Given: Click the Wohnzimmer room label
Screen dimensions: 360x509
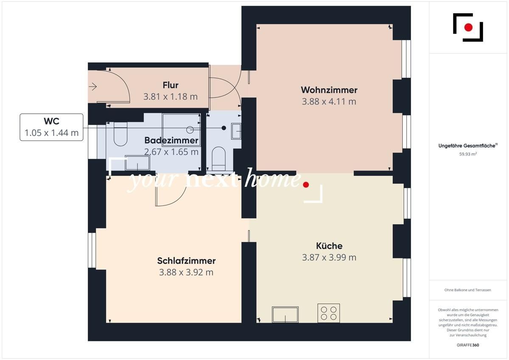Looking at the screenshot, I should click(329, 90).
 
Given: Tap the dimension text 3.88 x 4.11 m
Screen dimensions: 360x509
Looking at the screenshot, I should click(329, 101).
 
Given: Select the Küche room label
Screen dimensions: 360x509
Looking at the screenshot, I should click(329, 246).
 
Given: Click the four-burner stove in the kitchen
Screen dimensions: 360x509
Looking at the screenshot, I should click(329, 313).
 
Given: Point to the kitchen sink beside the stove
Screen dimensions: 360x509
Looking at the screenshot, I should click(285, 315).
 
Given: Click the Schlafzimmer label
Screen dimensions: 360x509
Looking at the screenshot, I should click(186, 261).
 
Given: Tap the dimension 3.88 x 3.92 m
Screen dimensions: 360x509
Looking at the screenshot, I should click(186, 272).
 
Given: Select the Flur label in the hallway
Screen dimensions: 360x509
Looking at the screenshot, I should click(171, 85).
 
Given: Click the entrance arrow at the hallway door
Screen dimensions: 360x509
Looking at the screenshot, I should click(93, 87).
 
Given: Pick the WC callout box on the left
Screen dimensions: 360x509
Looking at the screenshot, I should click(51, 127).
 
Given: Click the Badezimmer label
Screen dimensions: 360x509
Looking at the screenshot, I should click(171, 141).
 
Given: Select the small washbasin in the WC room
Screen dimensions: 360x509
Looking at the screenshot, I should click(236, 131).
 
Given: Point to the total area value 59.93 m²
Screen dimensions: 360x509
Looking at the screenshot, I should click(468, 155).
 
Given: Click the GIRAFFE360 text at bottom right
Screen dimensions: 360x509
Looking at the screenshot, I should click(468, 345).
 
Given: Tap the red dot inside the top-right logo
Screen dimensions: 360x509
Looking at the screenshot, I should click(468, 28).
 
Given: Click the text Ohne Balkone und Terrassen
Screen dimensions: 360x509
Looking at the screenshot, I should click(468, 290).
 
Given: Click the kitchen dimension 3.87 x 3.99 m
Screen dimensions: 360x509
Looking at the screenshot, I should click(329, 257).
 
